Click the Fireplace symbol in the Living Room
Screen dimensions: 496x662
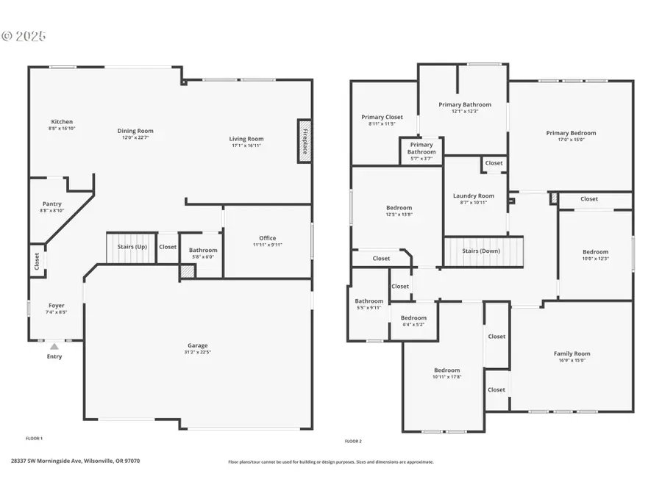(303, 138)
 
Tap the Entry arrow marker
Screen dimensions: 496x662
(54, 347)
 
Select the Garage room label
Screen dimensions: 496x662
(197, 345)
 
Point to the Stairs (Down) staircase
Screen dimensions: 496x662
(482, 251)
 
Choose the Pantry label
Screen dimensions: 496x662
(51, 204)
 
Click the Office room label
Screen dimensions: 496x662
(268, 238)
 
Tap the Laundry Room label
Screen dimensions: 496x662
(474, 196)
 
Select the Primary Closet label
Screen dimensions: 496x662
(382, 117)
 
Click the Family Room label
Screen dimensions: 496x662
(572, 353)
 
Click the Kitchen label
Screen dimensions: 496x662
(62, 122)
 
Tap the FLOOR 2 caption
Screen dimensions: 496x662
(353, 442)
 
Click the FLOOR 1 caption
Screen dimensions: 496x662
(35, 439)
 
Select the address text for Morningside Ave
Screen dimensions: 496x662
(75, 461)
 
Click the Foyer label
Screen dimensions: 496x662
(57, 306)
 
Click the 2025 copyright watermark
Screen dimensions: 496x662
(24, 35)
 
